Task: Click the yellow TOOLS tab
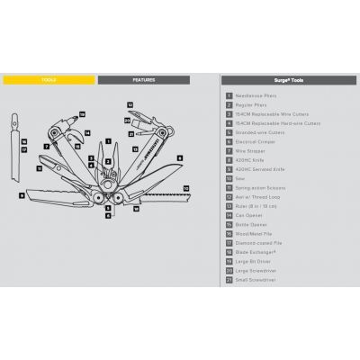tap(49, 79)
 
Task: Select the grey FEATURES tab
tap(143, 79)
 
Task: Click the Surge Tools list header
tap(289, 79)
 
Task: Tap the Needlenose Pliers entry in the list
tap(256, 94)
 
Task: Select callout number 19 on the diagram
tap(81, 114)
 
